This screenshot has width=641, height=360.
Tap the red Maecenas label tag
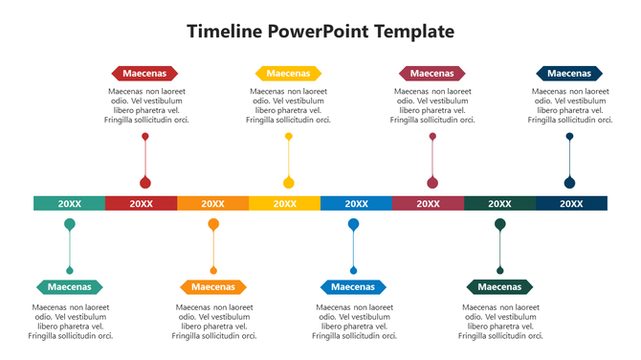144,73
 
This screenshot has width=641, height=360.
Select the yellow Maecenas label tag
288,73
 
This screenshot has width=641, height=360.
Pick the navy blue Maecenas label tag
569,73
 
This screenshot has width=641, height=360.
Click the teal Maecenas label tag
69,286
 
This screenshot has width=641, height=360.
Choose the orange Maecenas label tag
213,286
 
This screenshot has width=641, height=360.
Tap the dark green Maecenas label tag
499,286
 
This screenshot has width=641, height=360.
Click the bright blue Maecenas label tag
353,286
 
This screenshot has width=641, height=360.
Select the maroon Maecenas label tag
431,73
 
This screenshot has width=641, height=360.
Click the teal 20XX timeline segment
69,203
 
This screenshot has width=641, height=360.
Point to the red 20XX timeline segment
141,203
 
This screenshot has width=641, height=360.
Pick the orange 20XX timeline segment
212,203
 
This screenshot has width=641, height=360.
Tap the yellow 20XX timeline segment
284,203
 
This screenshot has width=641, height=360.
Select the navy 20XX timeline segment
571,203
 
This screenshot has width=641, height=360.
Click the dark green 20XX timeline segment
499,203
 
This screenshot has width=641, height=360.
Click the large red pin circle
145,183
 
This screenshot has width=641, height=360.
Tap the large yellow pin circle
288,183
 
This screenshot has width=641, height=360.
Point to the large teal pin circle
69,224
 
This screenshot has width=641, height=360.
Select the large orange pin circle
213,224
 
